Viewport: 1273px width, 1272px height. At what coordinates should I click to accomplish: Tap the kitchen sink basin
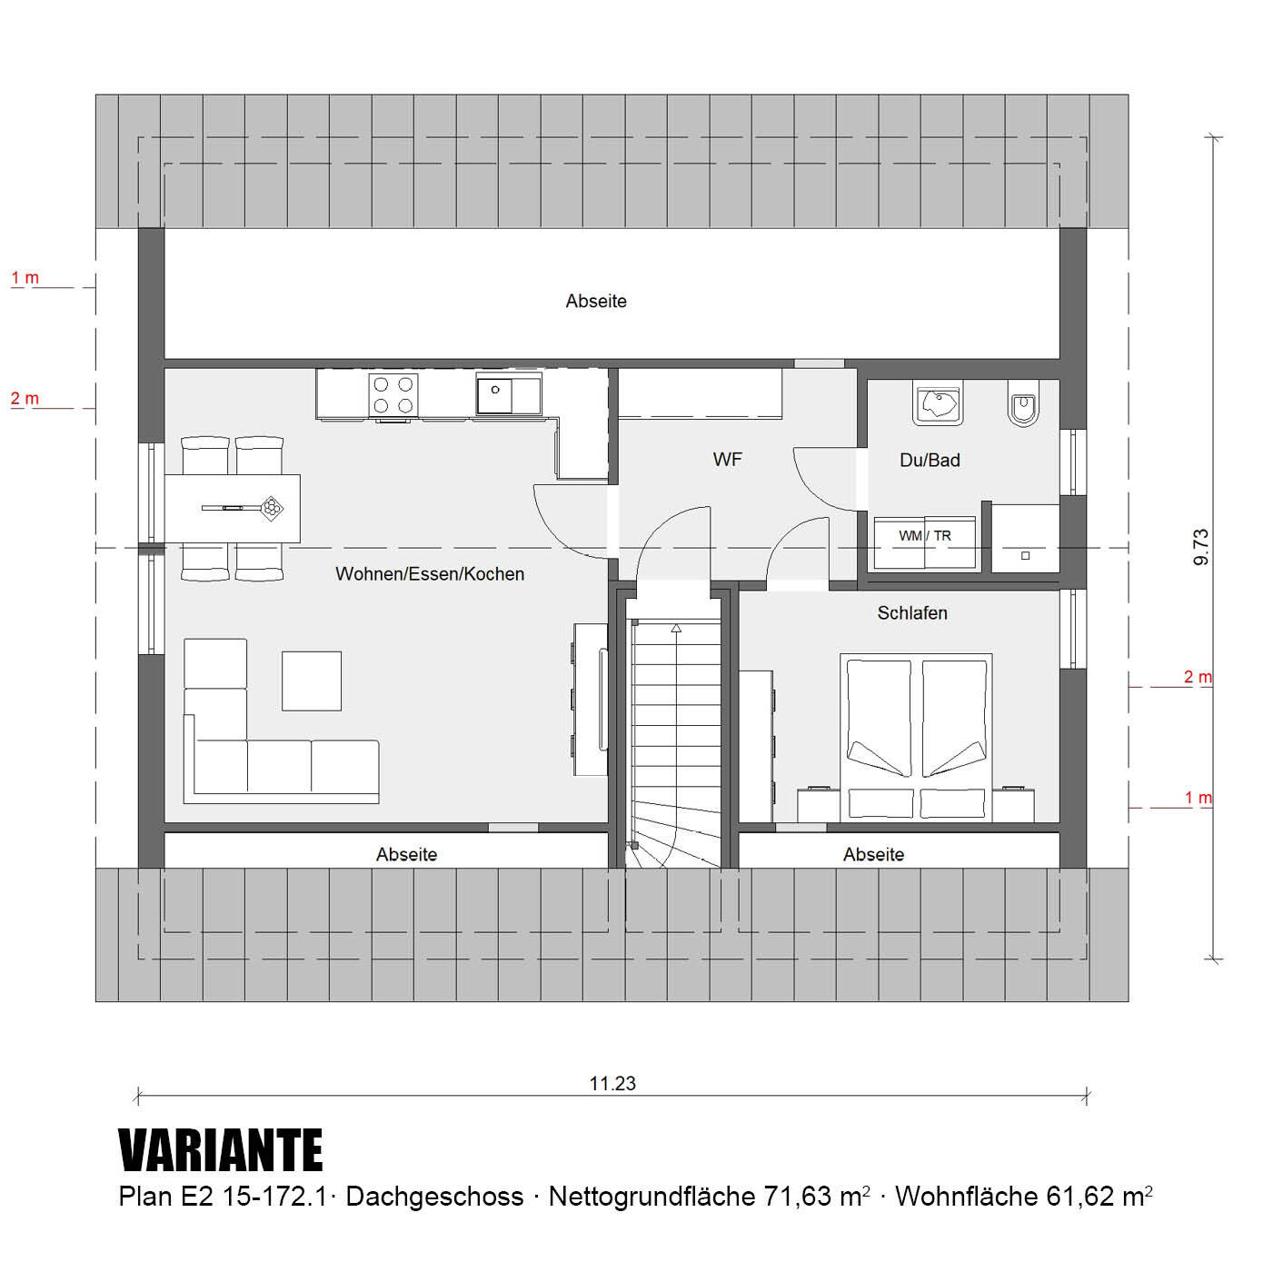click(494, 394)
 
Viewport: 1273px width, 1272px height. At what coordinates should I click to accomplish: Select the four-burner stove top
click(393, 394)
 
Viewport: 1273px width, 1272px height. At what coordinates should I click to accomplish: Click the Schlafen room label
click(911, 612)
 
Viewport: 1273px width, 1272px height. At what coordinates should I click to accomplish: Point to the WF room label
click(727, 459)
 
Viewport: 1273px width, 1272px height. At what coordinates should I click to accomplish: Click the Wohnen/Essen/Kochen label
click(430, 573)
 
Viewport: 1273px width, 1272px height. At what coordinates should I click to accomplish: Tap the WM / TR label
click(924, 536)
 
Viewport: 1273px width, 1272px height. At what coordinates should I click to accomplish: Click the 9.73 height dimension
click(1201, 547)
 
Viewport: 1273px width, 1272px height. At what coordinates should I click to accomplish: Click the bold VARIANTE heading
click(220, 1149)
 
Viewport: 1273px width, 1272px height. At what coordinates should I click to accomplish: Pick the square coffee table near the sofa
click(311, 681)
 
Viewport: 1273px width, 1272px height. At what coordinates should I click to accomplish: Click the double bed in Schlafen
click(916, 738)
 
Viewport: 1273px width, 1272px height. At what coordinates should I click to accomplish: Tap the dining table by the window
click(232, 508)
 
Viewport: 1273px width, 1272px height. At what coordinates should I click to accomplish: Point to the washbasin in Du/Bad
click(937, 402)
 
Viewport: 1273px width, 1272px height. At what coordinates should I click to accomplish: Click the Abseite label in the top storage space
click(595, 301)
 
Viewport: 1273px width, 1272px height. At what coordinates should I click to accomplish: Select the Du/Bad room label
click(930, 460)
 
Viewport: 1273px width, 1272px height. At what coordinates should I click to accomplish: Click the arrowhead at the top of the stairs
click(676, 628)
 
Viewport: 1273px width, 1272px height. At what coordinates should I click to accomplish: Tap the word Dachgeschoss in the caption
click(434, 1197)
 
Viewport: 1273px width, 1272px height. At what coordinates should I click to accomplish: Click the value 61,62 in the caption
click(1080, 1197)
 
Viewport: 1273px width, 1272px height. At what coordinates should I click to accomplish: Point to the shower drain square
click(1025, 556)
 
